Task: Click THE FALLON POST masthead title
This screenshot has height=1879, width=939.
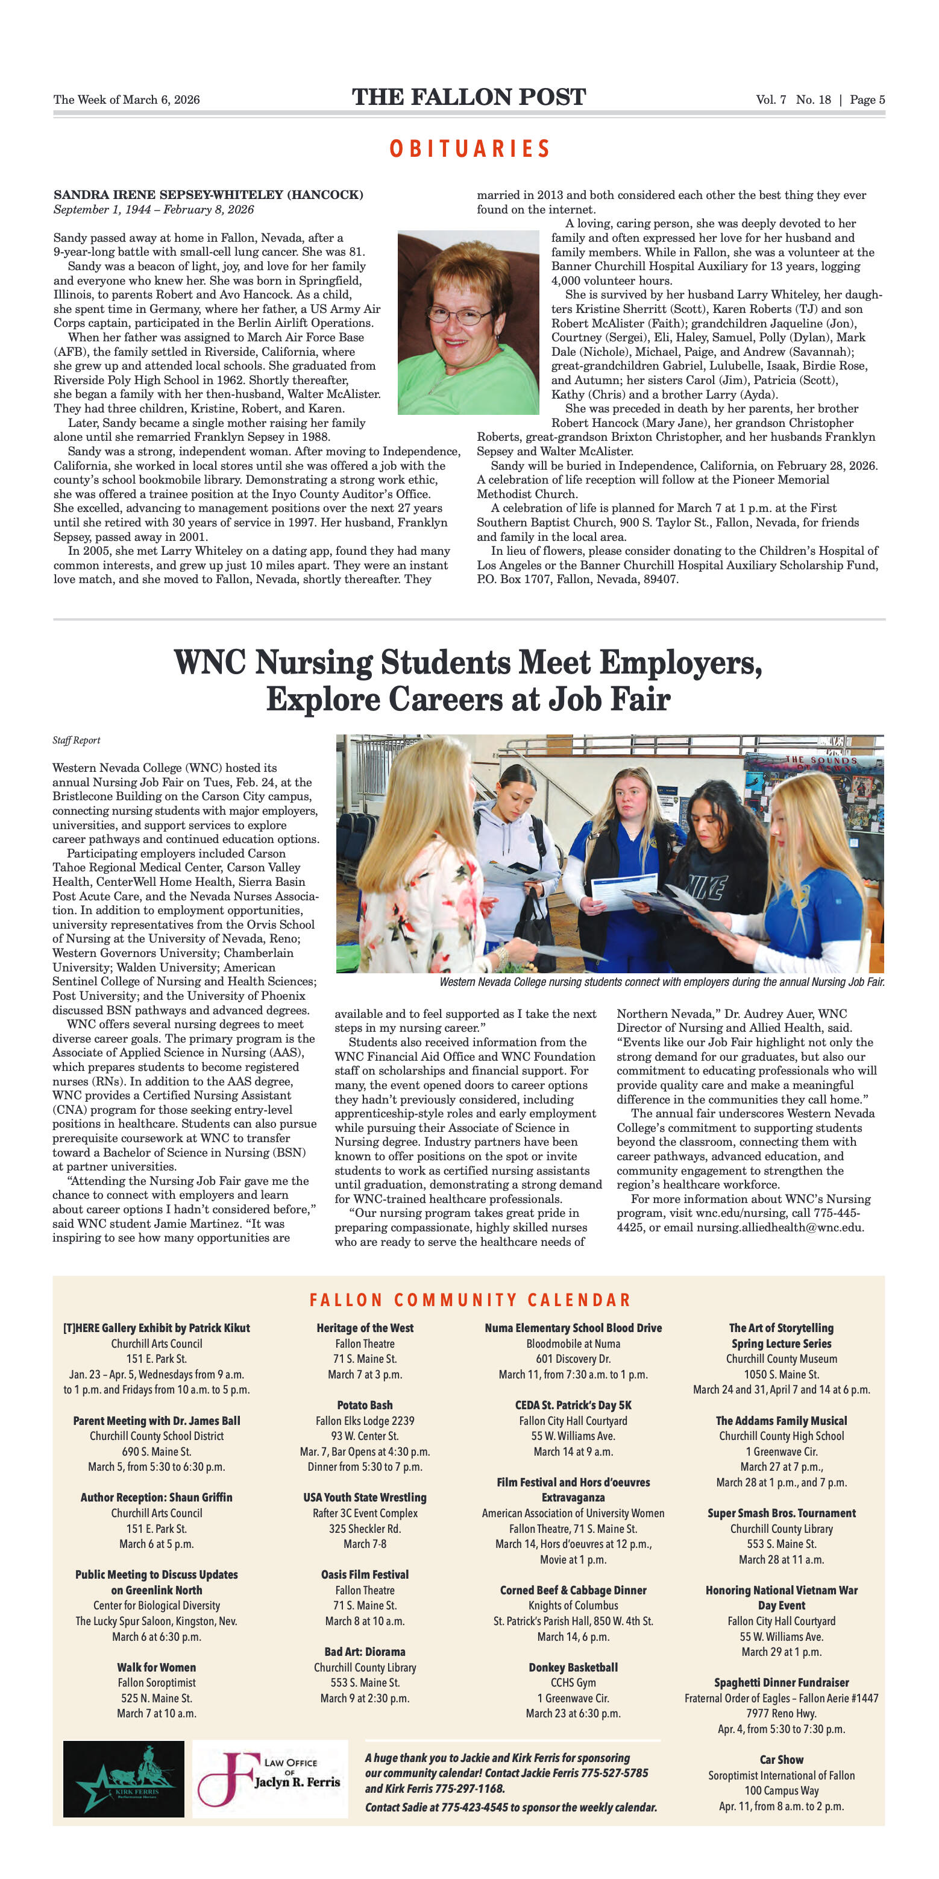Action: coord(469,98)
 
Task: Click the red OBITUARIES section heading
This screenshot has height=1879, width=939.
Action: coord(469,149)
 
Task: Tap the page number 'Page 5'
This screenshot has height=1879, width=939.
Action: coord(867,100)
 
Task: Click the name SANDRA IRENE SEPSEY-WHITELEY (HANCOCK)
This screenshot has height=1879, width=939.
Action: coord(208,195)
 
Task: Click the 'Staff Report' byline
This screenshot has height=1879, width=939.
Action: coord(76,741)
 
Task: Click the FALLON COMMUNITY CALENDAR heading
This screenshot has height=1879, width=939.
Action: coord(469,1301)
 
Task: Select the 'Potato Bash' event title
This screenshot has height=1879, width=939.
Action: coord(365,1405)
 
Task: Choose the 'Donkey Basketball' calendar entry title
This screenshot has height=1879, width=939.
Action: coord(573,1667)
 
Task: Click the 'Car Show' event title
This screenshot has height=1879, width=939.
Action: coord(781,1760)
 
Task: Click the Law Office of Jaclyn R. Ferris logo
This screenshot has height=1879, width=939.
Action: coord(270,1778)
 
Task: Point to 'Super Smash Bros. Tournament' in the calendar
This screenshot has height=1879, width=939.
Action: coord(781,1514)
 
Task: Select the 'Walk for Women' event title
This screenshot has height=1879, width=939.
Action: coord(156,1667)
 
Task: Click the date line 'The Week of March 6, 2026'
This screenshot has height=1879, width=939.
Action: coord(126,100)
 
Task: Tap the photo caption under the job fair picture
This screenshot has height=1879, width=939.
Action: coord(661,982)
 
